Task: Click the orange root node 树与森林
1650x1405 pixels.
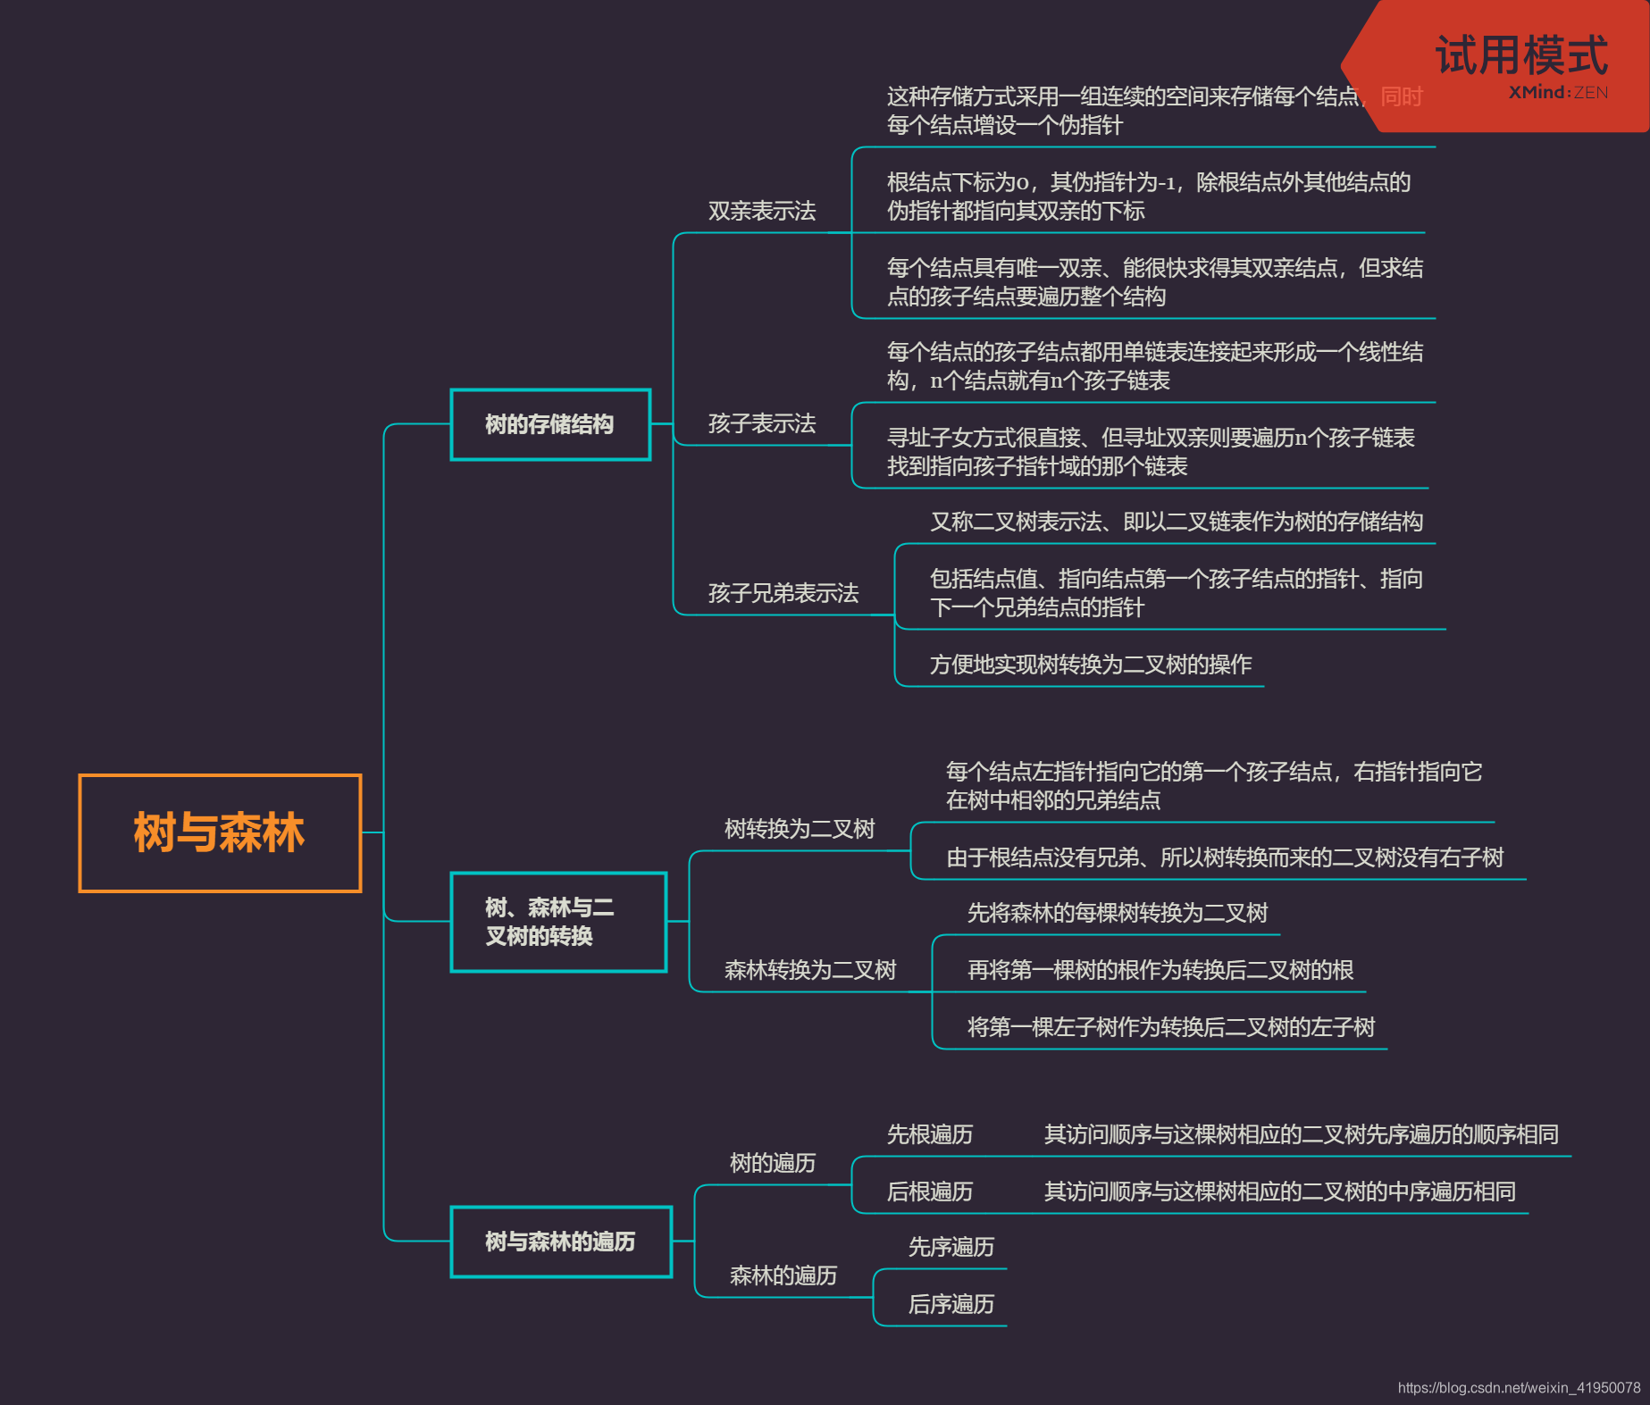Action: coord(220,832)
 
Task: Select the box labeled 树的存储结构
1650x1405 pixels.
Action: coord(550,424)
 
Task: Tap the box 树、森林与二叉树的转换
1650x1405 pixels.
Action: coord(558,922)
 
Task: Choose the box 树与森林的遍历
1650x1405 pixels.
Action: coord(560,1242)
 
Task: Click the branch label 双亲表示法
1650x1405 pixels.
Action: coord(762,211)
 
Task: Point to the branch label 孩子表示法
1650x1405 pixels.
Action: coord(762,423)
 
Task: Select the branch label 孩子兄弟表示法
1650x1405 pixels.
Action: coord(783,593)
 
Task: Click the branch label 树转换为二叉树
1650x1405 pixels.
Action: coord(800,829)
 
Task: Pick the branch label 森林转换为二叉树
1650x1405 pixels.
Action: coord(810,970)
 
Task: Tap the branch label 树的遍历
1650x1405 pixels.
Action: coord(773,1163)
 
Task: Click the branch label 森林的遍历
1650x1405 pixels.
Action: coord(783,1275)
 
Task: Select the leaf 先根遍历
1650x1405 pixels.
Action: coord(930,1134)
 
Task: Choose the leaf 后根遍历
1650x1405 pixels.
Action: coord(930,1192)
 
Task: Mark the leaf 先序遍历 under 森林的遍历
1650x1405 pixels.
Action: coord(951,1247)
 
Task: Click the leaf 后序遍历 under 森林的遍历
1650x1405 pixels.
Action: coord(951,1304)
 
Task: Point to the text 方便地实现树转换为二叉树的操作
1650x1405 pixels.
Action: coord(1091,665)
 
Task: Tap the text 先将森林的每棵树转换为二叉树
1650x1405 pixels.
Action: coord(1118,913)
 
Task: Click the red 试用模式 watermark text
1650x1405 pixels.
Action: coord(1521,55)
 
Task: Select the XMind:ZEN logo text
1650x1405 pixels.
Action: coord(1558,92)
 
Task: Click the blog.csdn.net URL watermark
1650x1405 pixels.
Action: coord(1519,1387)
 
